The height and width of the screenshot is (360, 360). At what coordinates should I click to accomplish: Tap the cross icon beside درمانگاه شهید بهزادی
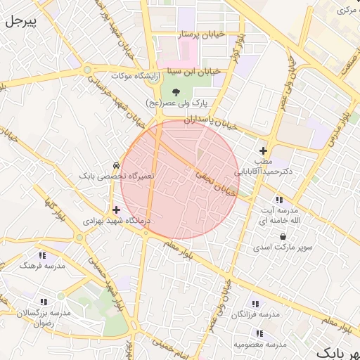pyautogui.click(x=116, y=210)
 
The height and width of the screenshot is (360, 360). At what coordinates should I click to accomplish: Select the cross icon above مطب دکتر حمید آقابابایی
pyautogui.click(x=263, y=150)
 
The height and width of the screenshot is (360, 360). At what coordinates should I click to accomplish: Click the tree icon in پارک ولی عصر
pyautogui.click(x=175, y=91)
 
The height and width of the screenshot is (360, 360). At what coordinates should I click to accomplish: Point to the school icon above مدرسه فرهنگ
pyautogui.click(x=43, y=255)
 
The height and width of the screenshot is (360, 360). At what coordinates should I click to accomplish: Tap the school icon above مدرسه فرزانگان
pyautogui.click(x=255, y=304)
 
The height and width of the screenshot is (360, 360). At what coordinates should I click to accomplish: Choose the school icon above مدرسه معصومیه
pyautogui.click(x=259, y=333)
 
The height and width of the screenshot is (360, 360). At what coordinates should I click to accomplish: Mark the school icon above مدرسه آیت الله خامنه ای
pyautogui.click(x=280, y=200)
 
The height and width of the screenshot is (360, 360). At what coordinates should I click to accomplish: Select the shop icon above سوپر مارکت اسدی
pyautogui.click(x=283, y=237)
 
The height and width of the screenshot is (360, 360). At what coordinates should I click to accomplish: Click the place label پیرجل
pyautogui.click(x=20, y=22)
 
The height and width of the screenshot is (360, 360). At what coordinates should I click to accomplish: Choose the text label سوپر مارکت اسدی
pyautogui.click(x=283, y=248)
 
